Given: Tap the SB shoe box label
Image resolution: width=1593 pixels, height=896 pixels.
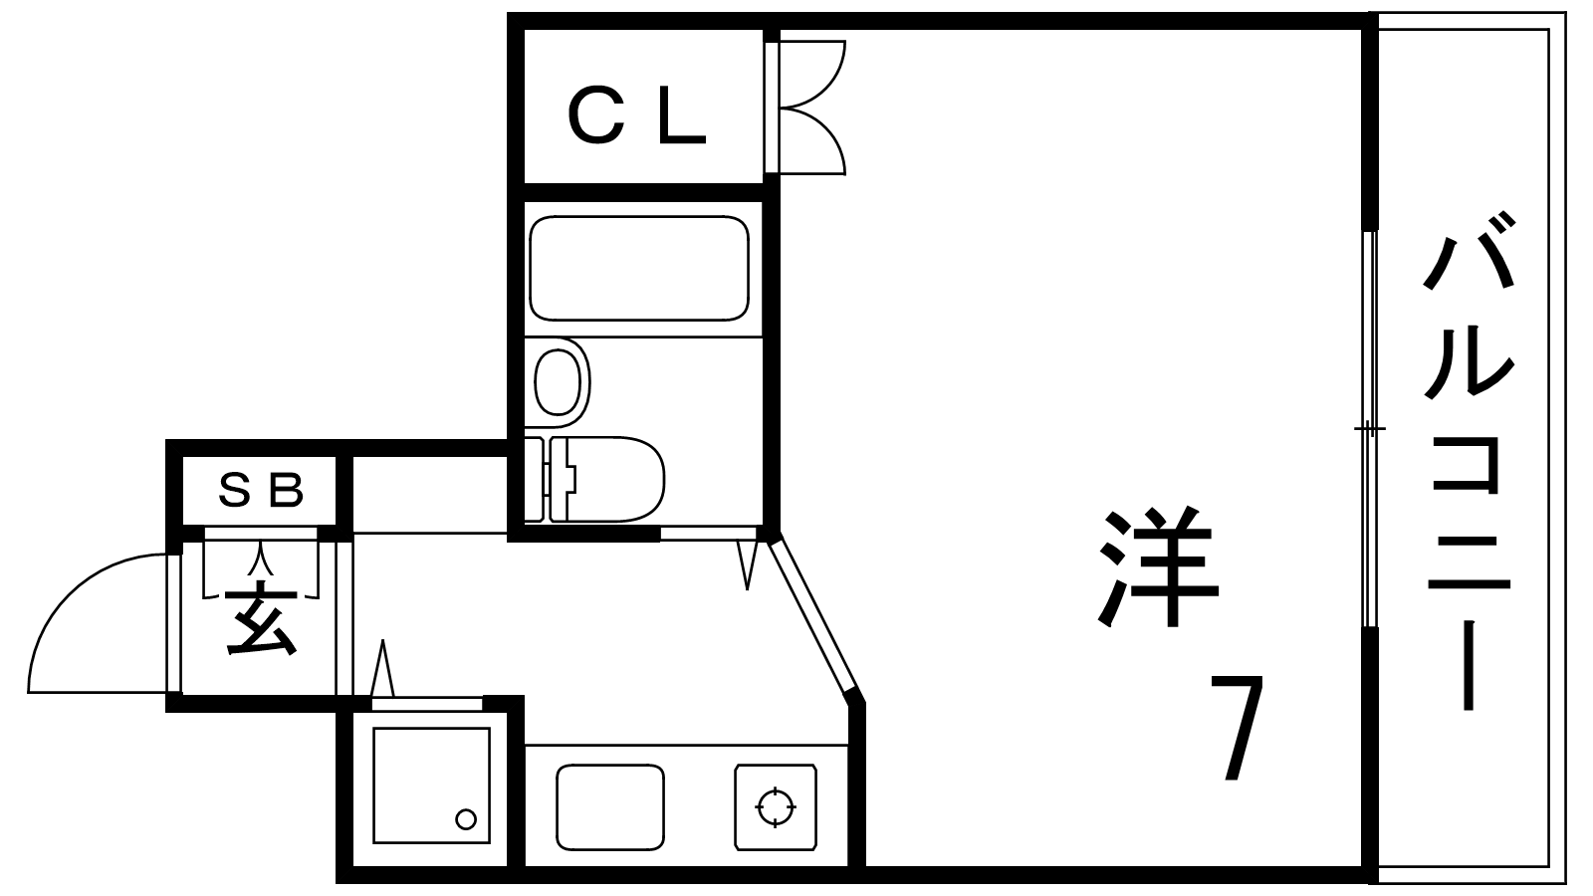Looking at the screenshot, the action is tap(260, 490).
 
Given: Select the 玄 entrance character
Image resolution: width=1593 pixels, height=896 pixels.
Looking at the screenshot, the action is tap(260, 618).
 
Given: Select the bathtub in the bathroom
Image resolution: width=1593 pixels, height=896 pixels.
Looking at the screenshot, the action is tap(639, 268).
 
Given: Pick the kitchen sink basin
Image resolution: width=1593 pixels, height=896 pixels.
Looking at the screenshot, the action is tap(610, 807).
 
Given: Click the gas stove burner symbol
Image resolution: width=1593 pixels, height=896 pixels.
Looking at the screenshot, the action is tap(776, 807).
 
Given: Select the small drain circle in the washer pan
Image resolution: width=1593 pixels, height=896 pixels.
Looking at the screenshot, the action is tap(466, 819).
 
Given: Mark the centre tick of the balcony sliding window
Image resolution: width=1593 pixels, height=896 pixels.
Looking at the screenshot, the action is tap(1370, 429).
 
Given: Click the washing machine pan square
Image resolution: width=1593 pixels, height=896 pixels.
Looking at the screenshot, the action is tap(432, 785).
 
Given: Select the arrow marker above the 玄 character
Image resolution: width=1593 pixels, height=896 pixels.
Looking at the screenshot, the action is tap(261, 559).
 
